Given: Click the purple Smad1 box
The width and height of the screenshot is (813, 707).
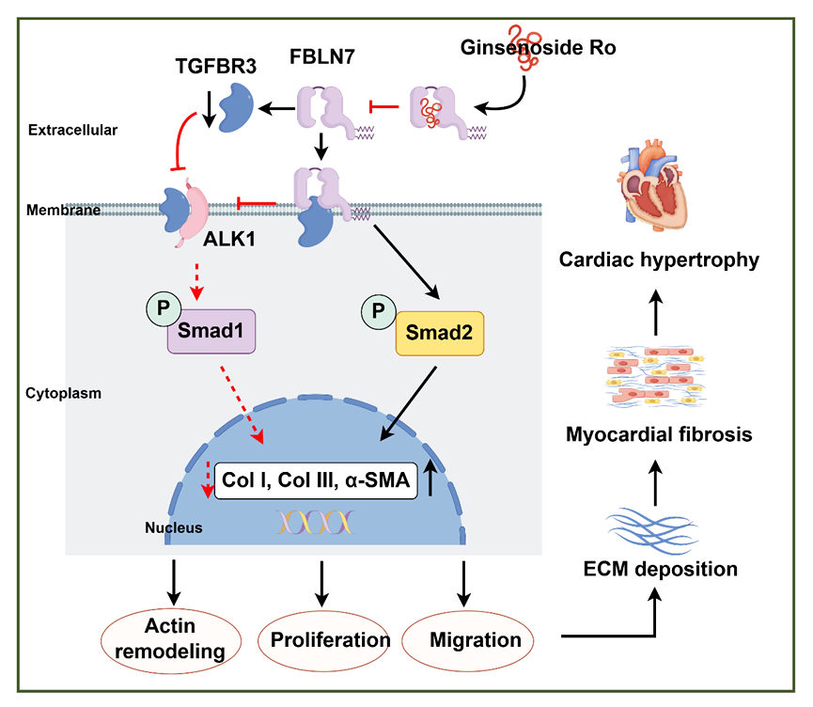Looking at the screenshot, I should (211, 333).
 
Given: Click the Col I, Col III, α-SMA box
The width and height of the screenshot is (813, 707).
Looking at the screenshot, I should (317, 479).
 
